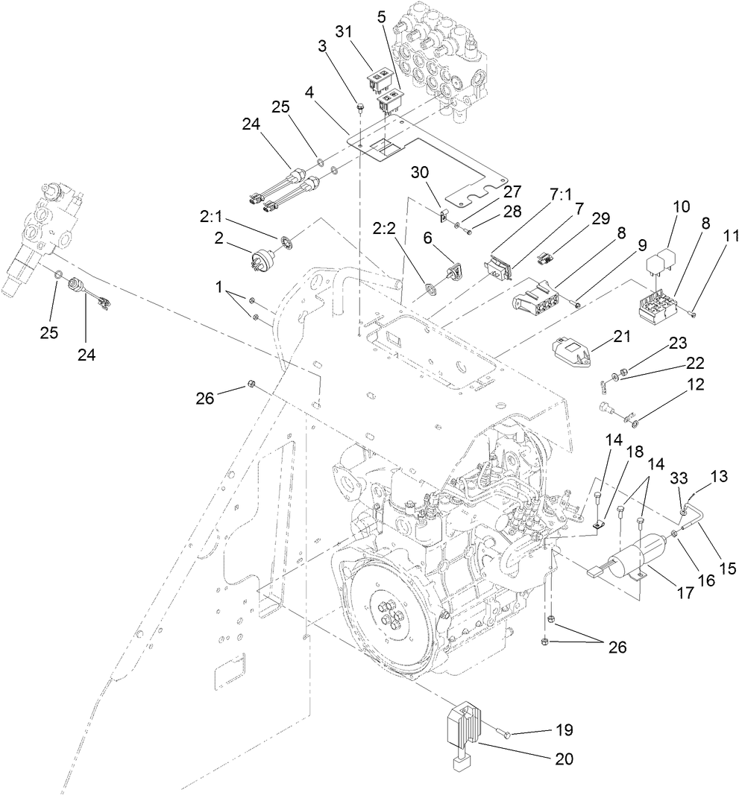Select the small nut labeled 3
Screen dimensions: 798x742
[359, 109]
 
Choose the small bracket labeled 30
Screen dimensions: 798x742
[442, 217]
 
